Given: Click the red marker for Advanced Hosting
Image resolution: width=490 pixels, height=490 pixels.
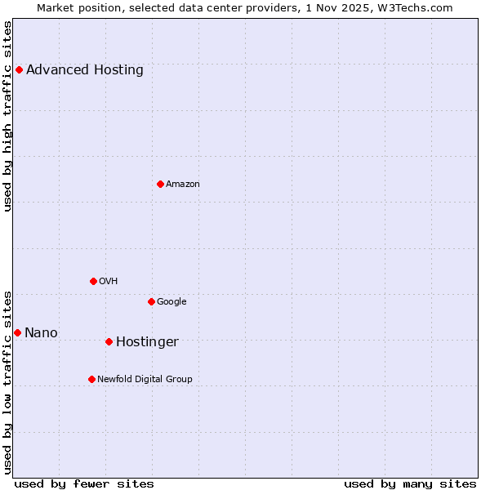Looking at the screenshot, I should pos(19,69).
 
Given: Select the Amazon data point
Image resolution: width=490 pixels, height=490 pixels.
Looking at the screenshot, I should pos(160,184).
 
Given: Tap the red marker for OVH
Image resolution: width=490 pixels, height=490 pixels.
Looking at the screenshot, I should pos(93,281).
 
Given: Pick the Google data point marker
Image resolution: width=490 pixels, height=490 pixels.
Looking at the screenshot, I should pos(151,301).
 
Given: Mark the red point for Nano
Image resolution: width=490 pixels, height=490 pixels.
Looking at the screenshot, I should pos(17,332).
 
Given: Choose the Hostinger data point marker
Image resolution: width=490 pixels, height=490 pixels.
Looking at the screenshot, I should pos(109,341).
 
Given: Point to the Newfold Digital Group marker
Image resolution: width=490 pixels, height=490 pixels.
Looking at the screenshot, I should pos(91,379).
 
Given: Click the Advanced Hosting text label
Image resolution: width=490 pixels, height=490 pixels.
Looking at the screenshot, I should pos(85,69).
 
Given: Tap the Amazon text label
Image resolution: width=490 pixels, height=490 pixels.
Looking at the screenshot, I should pos(183,184).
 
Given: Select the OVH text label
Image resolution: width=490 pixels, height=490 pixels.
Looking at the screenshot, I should pos(109,281).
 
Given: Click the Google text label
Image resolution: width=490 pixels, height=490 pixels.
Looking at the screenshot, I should pos(171,301).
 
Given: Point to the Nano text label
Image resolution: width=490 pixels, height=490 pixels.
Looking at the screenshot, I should pos(41,332).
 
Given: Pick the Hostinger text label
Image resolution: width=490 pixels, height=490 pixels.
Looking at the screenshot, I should pos(147,341).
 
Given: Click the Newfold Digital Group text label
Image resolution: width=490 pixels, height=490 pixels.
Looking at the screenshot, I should pos(145,379).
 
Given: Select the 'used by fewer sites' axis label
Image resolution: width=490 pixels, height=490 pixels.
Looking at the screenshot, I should pos(84,483).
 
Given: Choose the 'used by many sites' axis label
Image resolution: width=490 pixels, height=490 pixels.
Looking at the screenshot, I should pos(410,483).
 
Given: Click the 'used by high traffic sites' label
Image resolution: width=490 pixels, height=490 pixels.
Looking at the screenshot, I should pos(7,116).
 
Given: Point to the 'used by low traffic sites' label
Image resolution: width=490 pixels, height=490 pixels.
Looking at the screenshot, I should pos(7,381).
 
